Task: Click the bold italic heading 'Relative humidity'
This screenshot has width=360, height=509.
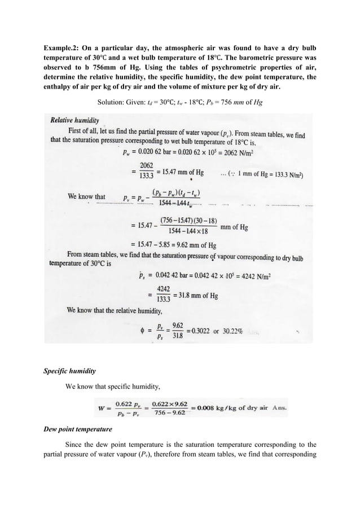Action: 75,120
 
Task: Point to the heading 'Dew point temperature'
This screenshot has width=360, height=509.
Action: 77,429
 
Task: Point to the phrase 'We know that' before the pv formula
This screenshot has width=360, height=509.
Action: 86,197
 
